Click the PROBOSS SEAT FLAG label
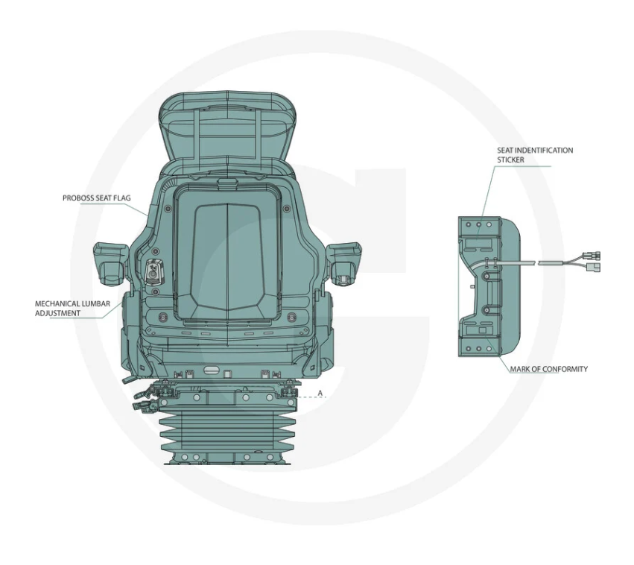point(97,198)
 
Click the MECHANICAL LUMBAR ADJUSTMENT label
point(72,308)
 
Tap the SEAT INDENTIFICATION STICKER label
point(535,155)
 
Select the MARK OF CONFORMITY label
point(548,369)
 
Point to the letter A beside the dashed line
point(320,393)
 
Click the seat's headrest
point(228,127)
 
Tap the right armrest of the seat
point(343,263)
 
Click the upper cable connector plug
point(592,256)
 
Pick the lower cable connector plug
point(595,267)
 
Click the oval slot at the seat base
point(212,369)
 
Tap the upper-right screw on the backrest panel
point(287,209)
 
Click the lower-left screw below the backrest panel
point(163,317)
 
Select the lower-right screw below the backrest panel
point(291,317)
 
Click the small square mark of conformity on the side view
point(482,330)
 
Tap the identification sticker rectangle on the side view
point(478,244)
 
